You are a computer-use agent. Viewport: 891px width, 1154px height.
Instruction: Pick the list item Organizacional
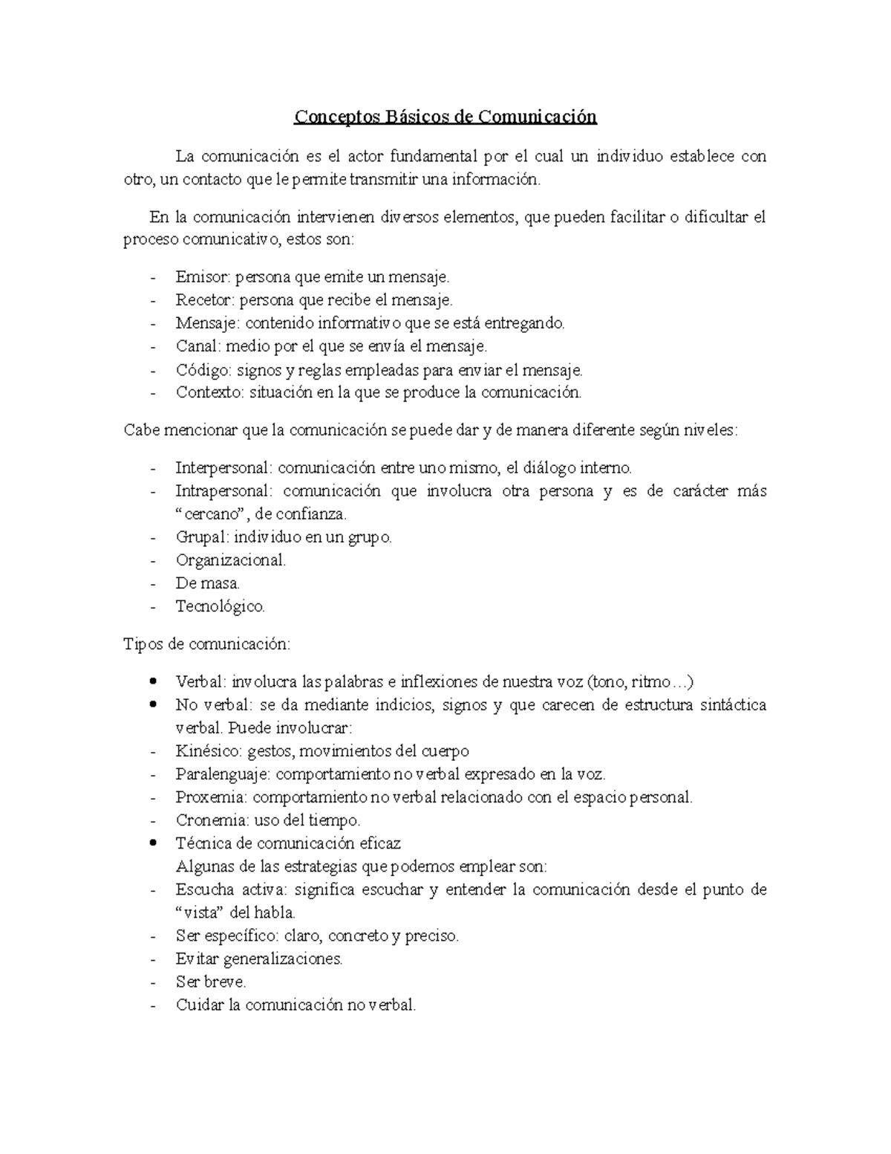[230, 560]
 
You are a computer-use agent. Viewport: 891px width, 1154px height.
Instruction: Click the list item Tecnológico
[220, 606]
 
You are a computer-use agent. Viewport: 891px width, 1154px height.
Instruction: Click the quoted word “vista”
[203, 912]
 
